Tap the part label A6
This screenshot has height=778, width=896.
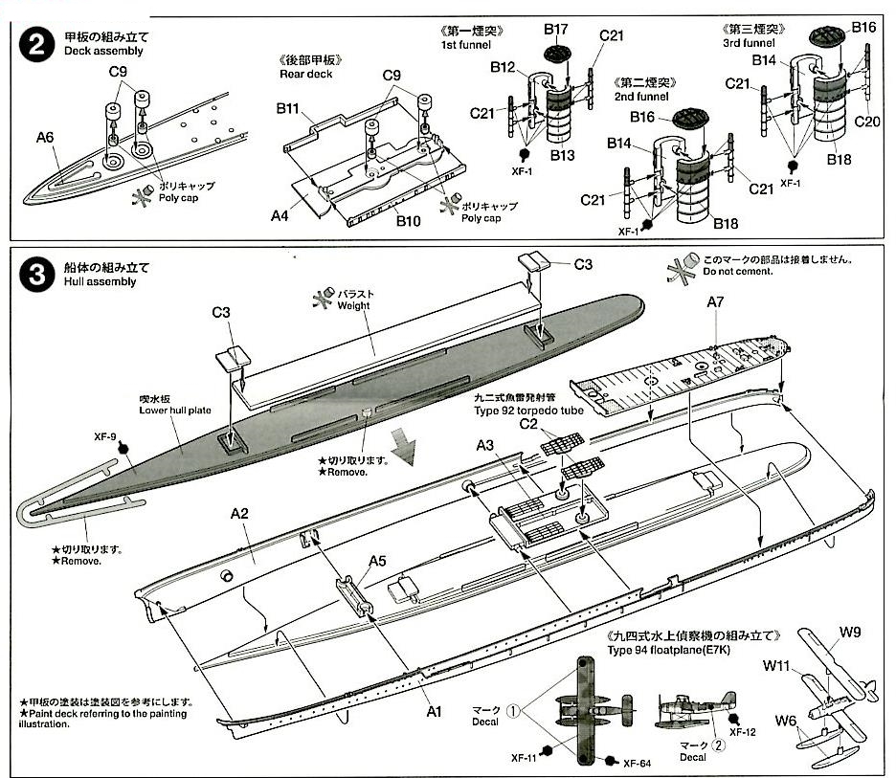[45, 138]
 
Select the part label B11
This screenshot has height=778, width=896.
[290, 109]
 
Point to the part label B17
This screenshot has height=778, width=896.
[557, 29]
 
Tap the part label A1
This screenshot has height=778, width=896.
[435, 712]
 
